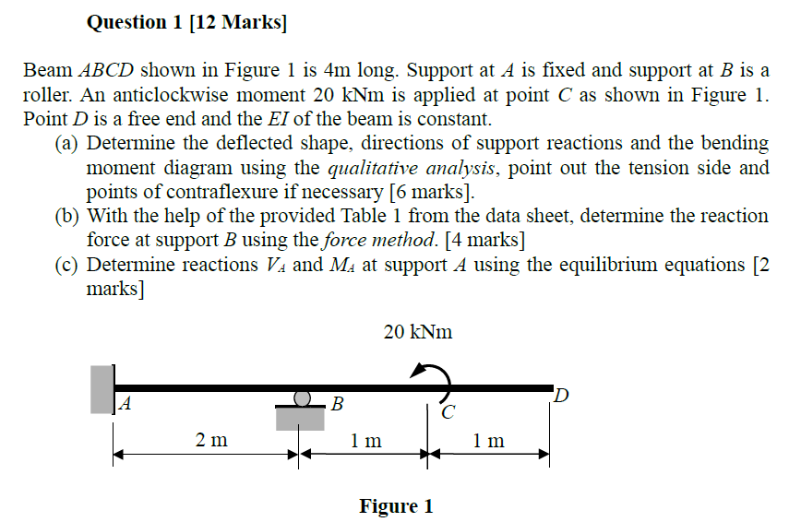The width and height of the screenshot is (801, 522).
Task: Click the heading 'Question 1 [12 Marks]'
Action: pyautogui.click(x=186, y=22)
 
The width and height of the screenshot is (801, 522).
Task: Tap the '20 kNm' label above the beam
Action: pyautogui.click(x=418, y=332)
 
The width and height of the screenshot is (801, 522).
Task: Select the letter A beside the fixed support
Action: pyautogui.click(x=125, y=403)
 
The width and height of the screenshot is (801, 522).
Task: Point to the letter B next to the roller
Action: pyautogui.click(x=338, y=403)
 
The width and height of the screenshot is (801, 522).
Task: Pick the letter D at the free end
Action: pyautogui.click(x=562, y=397)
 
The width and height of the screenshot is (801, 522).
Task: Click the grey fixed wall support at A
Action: pyautogui.click(x=102, y=388)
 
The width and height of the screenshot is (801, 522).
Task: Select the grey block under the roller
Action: pyautogui.click(x=301, y=418)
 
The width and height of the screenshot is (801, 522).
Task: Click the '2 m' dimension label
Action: pyautogui.click(x=211, y=440)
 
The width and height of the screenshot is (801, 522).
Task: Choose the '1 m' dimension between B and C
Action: pyautogui.click(x=366, y=440)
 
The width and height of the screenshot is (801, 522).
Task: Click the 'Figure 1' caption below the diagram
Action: pyautogui.click(x=396, y=506)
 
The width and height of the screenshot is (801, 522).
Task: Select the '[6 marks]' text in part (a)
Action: pyautogui.click(x=430, y=192)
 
